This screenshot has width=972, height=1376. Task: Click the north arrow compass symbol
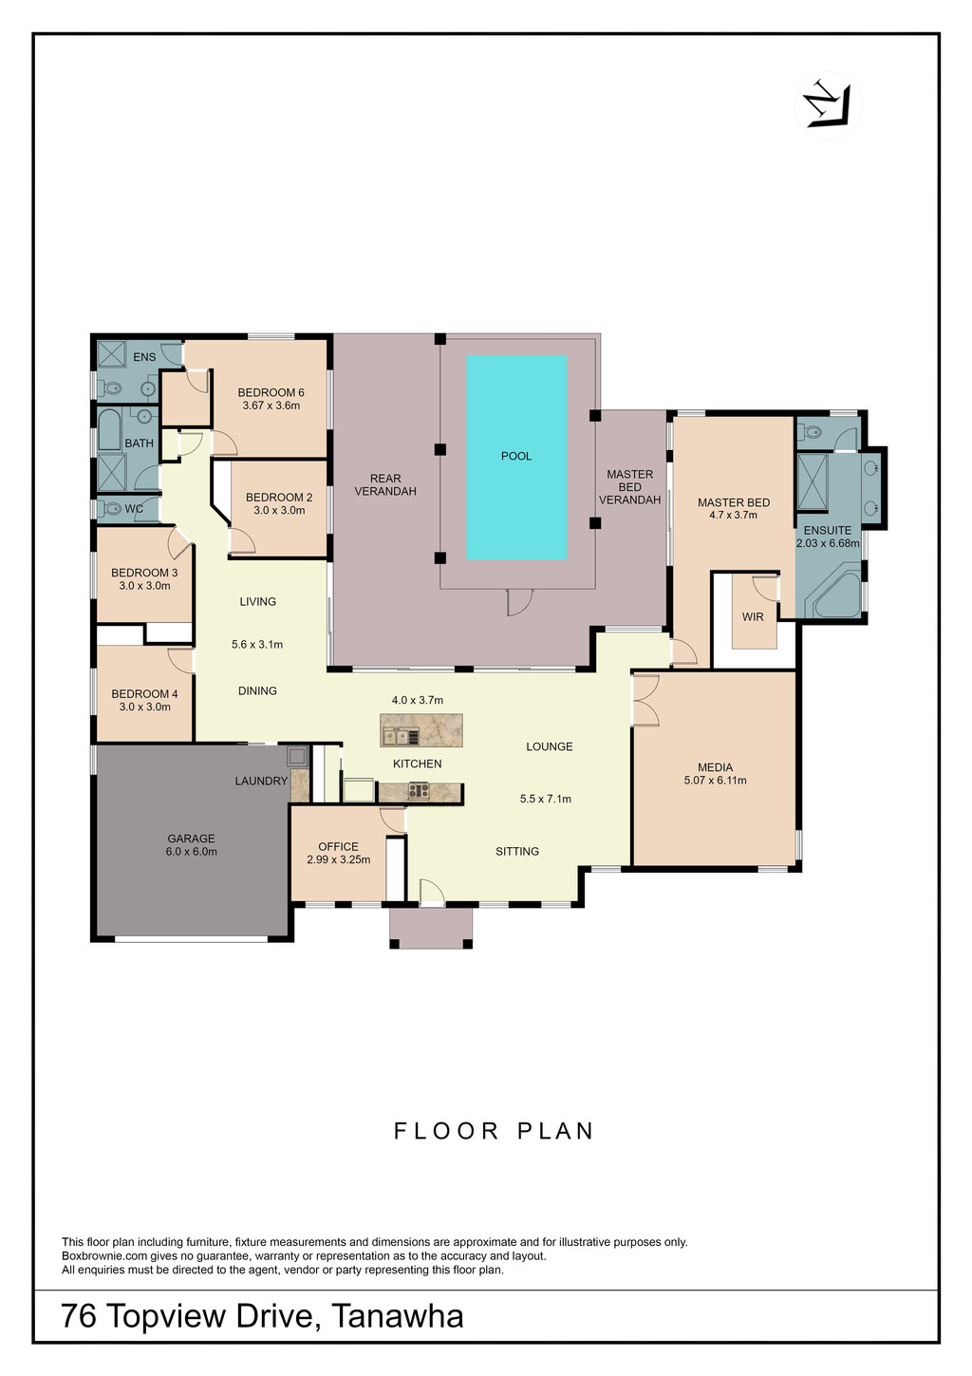pos(828,105)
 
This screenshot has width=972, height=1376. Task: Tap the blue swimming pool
pos(516,457)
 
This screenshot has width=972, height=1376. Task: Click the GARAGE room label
pos(191,838)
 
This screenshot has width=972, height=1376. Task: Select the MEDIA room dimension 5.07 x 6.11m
pos(716,781)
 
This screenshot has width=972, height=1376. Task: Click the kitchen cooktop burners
pos(420,791)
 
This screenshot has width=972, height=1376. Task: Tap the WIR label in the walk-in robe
pos(753,616)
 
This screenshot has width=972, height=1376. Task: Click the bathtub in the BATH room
pos(110,428)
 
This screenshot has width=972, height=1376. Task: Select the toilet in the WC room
pos(111,509)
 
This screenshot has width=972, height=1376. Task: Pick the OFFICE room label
pos(338,846)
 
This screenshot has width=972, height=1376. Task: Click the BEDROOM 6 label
pos(271,392)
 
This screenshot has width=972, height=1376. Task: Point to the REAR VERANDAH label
pos(385,484)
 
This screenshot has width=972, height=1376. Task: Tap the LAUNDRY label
pos(261,781)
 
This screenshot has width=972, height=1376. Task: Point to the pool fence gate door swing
pos(519,602)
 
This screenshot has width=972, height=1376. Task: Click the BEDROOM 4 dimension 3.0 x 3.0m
pos(145,707)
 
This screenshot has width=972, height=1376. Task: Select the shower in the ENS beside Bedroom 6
pos(112,354)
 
